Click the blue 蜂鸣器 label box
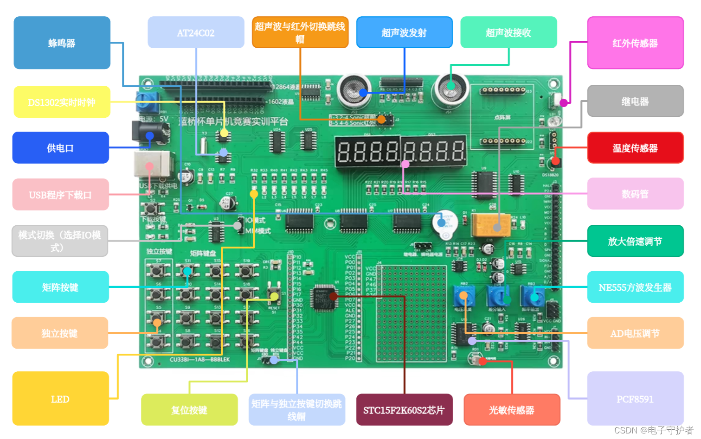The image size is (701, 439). point(62,43)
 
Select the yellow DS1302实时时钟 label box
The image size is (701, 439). point(62,102)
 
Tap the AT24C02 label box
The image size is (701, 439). point(196,32)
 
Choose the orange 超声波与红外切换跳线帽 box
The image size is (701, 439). point(300,32)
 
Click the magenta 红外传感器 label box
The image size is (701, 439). point(635,43)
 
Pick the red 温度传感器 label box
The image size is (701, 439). point(635,148)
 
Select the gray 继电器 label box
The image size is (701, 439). point(635,101)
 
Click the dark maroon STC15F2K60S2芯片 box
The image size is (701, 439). point(404,410)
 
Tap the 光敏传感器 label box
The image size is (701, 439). point(512,410)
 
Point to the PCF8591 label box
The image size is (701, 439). point(635,399)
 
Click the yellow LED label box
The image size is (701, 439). point(60,399)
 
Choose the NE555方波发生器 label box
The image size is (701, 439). point(635,287)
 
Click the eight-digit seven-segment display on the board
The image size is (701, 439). point(401,151)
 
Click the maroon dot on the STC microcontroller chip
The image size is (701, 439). point(333,296)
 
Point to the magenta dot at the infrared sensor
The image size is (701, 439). point(564,102)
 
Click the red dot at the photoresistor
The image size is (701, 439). point(482,361)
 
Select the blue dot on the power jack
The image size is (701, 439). point(149,136)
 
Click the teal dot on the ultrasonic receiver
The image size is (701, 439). point(450,85)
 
